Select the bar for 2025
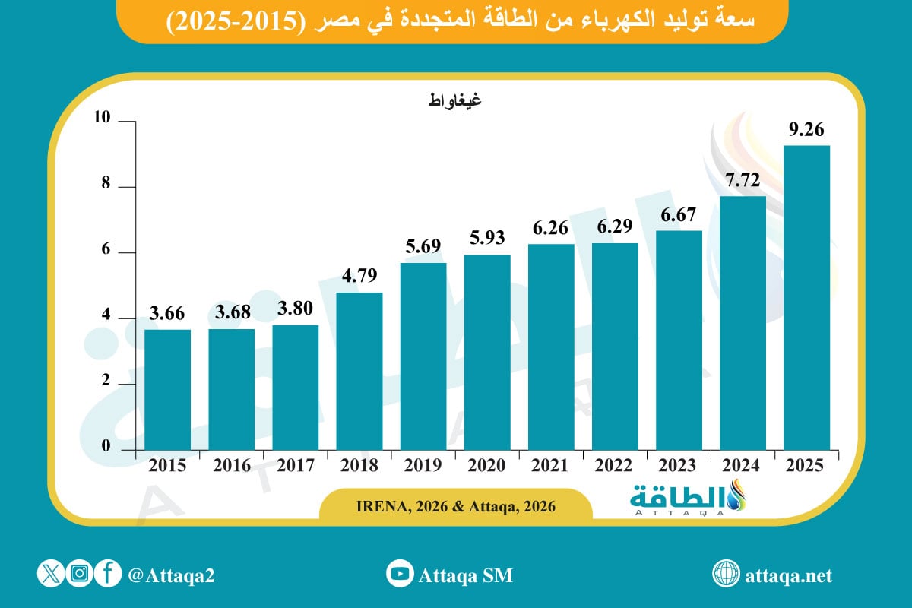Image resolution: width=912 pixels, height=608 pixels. pyautogui.click(x=806, y=297)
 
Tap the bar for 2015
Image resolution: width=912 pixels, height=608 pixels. pyautogui.click(x=168, y=389)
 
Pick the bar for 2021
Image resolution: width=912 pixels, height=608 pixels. pyautogui.click(x=551, y=347)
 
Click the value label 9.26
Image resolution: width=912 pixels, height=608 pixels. pyautogui.click(x=806, y=131)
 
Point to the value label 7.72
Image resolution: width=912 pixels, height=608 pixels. pyautogui.click(x=743, y=181)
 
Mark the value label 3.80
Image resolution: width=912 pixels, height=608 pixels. pyautogui.click(x=296, y=310)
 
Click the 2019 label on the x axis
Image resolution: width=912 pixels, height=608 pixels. pyautogui.click(x=423, y=466)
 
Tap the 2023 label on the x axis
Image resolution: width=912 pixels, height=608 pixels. pyautogui.click(x=679, y=466)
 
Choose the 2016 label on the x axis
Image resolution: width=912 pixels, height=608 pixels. pyautogui.click(x=232, y=466)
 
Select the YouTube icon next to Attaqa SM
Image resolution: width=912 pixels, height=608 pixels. pyautogui.click(x=399, y=574)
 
